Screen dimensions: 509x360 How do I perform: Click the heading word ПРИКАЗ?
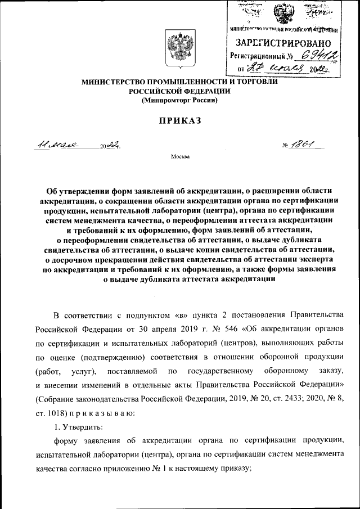tap(179, 120)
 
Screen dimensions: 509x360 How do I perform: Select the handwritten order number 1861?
tap(304, 145)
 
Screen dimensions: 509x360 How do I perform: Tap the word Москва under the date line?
tap(180, 157)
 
